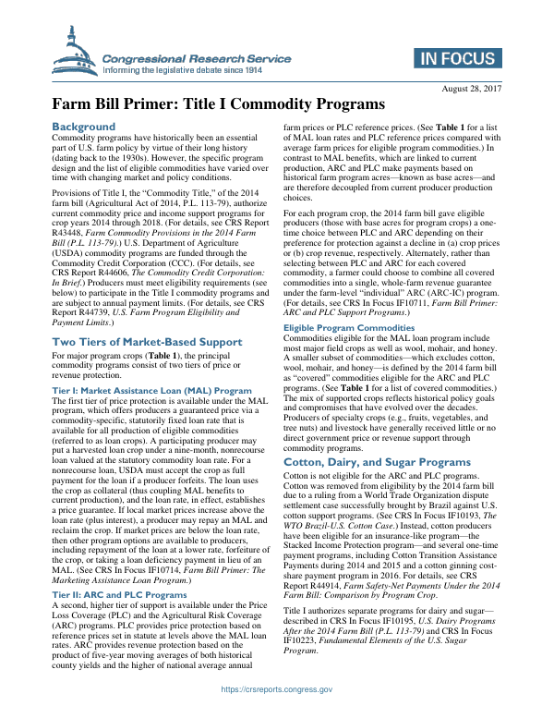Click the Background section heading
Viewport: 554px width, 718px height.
click(83, 126)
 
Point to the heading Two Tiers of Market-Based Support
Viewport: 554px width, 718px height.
click(146, 316)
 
